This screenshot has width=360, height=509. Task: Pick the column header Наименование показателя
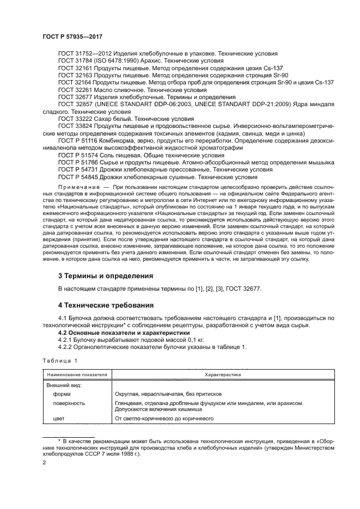(78, 375)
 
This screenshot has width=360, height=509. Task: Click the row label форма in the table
(61, 394)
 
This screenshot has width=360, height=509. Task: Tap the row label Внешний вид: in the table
(64, 385)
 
